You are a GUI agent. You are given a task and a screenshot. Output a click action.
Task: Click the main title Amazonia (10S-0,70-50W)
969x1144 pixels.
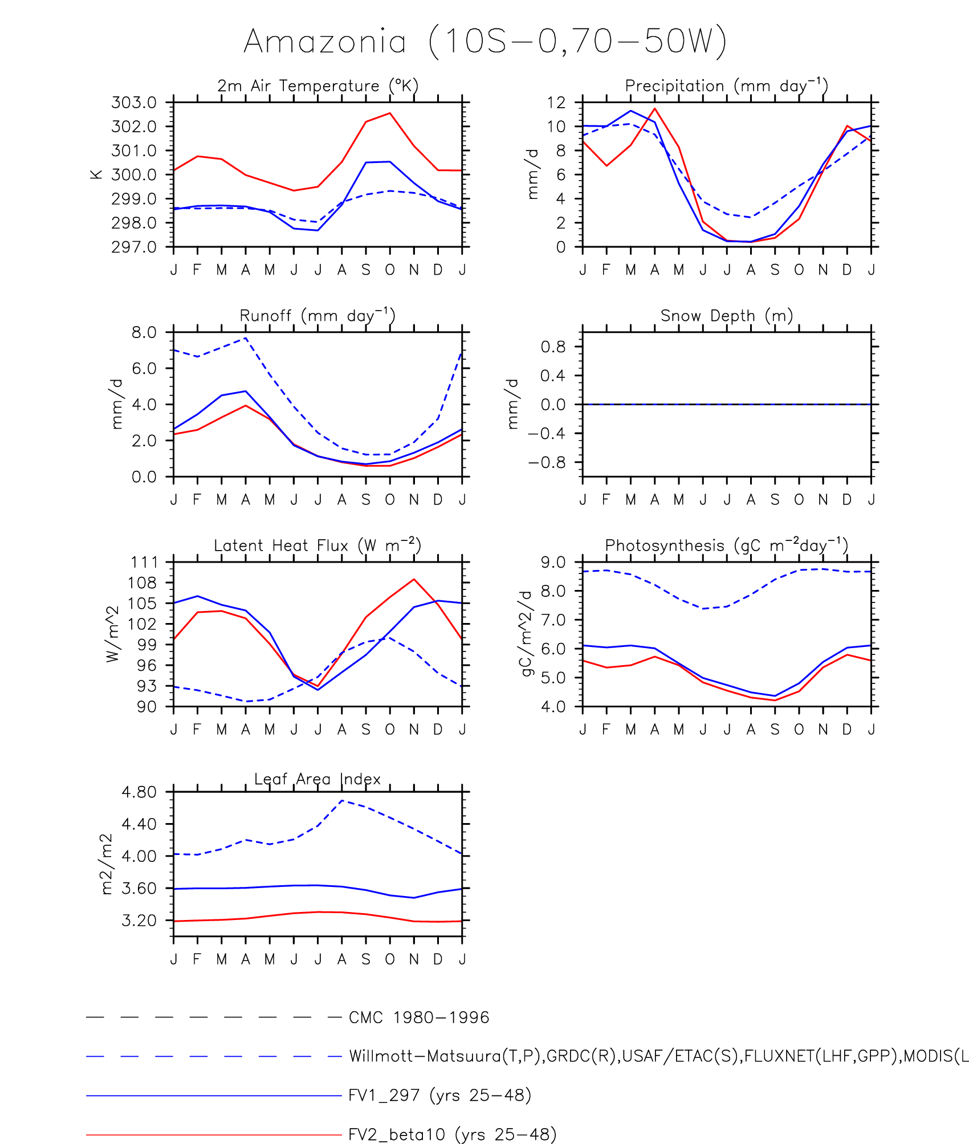485,42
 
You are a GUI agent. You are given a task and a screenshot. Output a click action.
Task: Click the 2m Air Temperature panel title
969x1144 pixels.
317,86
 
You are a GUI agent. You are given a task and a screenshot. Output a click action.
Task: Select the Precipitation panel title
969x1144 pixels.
726,86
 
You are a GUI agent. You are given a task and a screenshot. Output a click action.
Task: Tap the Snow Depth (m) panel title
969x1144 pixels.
726,316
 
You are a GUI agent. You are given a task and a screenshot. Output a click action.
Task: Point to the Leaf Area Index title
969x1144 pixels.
317,779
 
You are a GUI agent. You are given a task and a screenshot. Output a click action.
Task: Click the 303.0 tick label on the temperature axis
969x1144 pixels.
134,103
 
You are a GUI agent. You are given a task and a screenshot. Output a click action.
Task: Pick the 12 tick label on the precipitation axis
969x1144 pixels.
556,103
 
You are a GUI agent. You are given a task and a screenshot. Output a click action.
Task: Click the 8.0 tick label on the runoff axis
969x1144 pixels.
144,332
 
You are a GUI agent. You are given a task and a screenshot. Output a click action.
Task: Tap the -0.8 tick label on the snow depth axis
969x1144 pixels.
547,462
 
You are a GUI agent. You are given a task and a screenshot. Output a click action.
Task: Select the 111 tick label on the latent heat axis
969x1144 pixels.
144,563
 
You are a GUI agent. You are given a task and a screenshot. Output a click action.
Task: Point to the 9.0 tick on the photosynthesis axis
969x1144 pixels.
553,563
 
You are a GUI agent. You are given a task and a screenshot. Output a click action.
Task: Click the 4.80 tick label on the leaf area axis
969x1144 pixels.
139,792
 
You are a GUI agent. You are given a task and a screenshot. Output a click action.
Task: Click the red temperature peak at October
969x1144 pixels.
390,113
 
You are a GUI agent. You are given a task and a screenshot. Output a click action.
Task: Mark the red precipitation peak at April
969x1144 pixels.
655,108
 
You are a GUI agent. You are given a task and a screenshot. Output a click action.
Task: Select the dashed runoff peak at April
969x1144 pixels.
246,338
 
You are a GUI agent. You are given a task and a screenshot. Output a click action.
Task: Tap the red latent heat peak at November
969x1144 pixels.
414,579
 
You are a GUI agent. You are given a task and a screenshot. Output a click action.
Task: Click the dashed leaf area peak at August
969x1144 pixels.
342,800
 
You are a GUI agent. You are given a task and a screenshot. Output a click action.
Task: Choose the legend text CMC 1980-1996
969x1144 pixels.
419,1017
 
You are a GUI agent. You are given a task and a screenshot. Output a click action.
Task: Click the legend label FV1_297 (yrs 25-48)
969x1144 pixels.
439,1095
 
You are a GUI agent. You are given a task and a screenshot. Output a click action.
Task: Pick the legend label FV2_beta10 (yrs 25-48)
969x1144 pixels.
452,1134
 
